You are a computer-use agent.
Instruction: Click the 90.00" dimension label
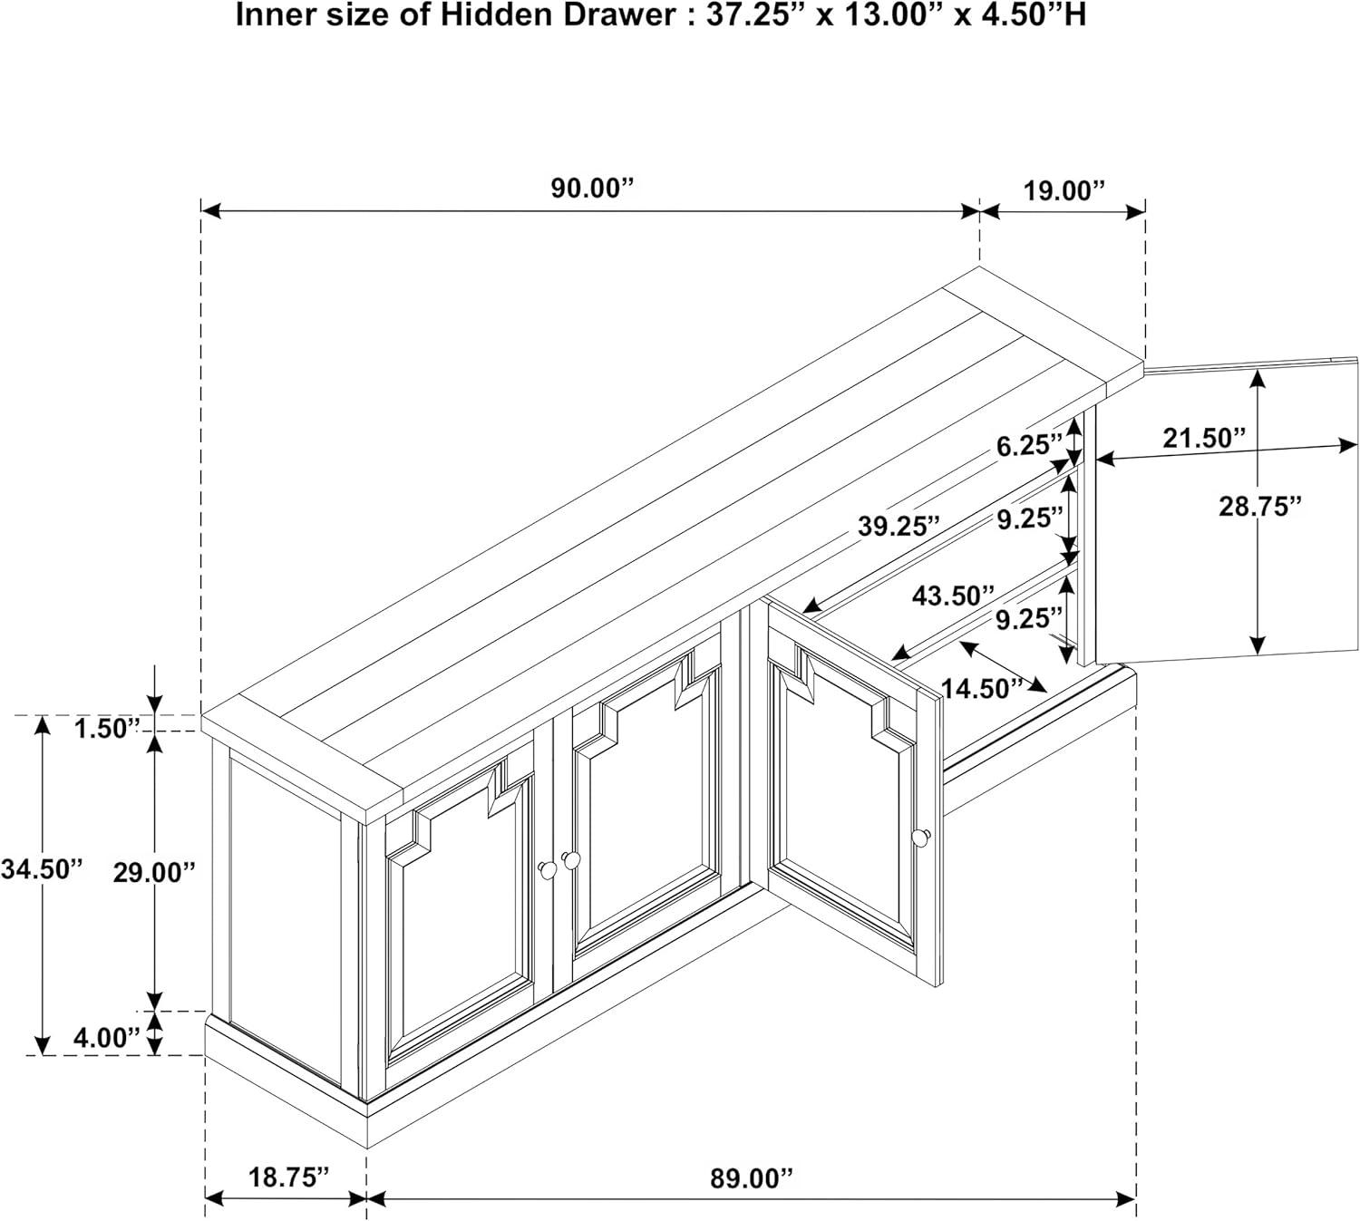[592, 189]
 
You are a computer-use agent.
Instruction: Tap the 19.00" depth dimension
[1064, 191]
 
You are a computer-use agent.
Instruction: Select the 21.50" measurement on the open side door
[1203, 439]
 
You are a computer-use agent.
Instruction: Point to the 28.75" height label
[1260, 506]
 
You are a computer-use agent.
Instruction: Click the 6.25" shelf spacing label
[1029, 445]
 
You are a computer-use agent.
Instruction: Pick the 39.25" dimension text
[899, 527]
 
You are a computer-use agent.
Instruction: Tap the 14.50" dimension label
[981, 689]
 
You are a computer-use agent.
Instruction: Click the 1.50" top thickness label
[107, 728]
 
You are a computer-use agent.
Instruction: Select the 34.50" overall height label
[42, 869]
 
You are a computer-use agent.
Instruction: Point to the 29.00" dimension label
[154, 873]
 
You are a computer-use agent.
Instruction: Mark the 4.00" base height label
[107, 1039]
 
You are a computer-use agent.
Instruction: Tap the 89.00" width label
[752, 1177]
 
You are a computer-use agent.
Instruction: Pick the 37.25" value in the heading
[753, 15]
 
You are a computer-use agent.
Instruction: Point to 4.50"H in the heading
[1035, 15]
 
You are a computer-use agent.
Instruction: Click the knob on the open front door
[920, 837]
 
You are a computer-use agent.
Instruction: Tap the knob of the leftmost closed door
[548, 869]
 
